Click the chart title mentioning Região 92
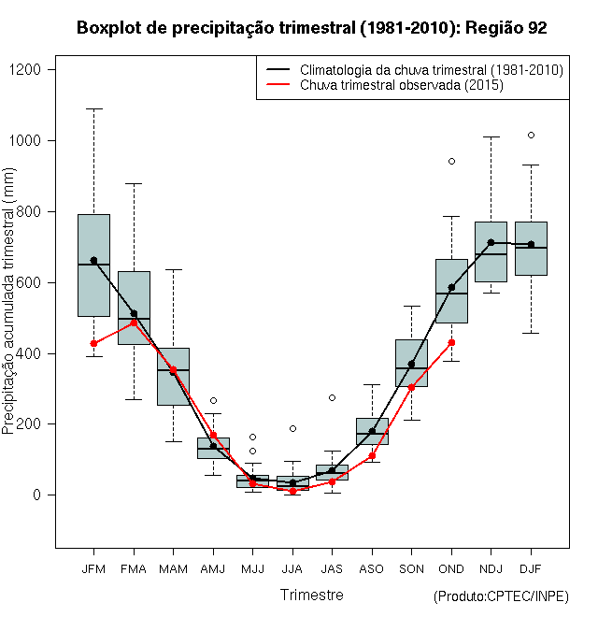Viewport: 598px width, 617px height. click(x=311, y=28)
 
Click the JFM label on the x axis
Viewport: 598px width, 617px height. click(x=93, y=568)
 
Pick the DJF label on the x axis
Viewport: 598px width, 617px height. click(x=531, y=568)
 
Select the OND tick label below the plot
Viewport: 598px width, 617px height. click(x=451, y=568)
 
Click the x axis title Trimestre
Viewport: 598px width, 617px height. click(x=312, y=595)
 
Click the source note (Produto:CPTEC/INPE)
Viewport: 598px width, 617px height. click(x=501, y=596)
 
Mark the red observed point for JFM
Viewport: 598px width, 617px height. click(x=93, y=343)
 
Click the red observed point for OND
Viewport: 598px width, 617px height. click(x=451, y=342)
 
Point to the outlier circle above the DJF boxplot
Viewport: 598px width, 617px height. click(x=531, y=136)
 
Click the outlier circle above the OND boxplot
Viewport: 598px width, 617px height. click(x=451, y=161)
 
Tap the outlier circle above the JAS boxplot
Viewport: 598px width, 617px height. click(x=332, y=397)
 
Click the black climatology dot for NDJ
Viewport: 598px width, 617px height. click(x=491, y=242)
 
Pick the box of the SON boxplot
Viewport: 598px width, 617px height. click(x=411, y=363)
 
